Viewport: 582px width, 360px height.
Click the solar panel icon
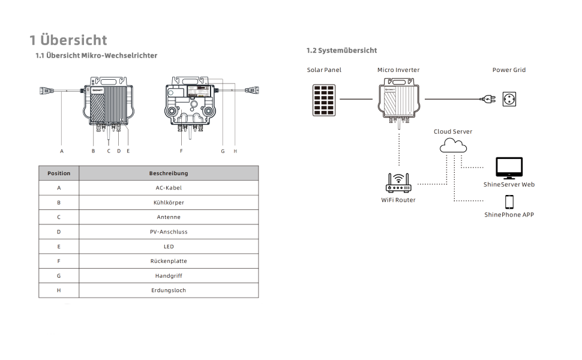click(x=324, y=100)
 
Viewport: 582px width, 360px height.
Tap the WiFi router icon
click(x=398, y=183)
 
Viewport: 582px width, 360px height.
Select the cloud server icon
click(x=453, y=145)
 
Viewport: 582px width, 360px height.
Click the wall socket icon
click(x=509, y=99)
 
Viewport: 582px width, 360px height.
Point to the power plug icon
click(x=488, y=99)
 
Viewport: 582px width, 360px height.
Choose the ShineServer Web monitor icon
click(x=509, y=168)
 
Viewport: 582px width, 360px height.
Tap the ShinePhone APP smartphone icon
click(x=509, y=202)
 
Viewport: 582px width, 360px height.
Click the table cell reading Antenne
click(x=169, y=217)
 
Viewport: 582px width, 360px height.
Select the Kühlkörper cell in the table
click(x=169, y=203)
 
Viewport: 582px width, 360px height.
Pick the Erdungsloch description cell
click(x=169, y=290)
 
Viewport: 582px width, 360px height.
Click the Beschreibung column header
click(x=169, y=173)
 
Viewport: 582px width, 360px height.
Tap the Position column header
click(x=59, y=173)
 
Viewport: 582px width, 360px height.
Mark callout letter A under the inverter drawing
click(x=62, y=151)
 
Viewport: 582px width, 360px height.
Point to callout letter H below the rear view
click(x=235, y=151)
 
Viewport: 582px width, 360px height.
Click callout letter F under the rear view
click(x=181, y=151)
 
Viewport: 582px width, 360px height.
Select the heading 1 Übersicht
click(x=68, y=40)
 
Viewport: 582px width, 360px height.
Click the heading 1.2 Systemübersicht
click(x=341, y=50)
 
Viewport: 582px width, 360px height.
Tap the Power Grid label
click(x=509, y=70)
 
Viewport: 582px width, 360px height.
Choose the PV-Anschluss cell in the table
click(x=169, y=232)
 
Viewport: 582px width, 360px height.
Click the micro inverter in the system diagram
click(x=398, y=101)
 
